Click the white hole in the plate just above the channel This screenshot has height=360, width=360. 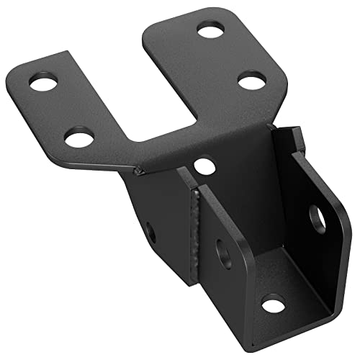[x=204, y=166]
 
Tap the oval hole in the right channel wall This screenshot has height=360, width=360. [x=318, y=218]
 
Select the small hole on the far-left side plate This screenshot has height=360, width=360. [x=150, y=232]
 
